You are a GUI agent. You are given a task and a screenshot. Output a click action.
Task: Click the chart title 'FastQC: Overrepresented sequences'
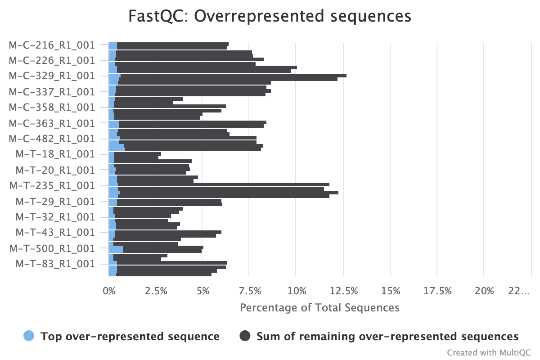[x=270, y=16]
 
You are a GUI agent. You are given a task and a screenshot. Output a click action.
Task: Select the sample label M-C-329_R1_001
[x=52, y=76]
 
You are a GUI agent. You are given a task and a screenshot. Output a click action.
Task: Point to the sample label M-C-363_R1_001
[x=52, y=123]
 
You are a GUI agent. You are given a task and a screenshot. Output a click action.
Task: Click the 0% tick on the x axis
[x=109, y=291]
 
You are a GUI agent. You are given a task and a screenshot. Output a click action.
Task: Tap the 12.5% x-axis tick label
[x=343, y=291]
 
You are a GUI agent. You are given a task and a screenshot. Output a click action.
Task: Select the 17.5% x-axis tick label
[x=437, y=291]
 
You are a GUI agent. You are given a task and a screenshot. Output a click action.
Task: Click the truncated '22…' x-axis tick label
[x=519, y=291]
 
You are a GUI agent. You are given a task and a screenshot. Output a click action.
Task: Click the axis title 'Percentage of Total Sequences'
[x=319, y=308]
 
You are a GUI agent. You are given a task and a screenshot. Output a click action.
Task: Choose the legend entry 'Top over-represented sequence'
[x=130, y=336]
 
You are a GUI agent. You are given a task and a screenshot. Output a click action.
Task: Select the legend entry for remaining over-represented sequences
[x=387, y=336]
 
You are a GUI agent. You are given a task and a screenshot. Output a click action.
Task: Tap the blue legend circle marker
[x=29, y=336]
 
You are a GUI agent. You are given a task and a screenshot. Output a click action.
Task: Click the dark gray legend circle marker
[x=245, y=336]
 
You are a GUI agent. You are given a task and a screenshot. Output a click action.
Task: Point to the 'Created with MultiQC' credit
[x=489, y=352]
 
